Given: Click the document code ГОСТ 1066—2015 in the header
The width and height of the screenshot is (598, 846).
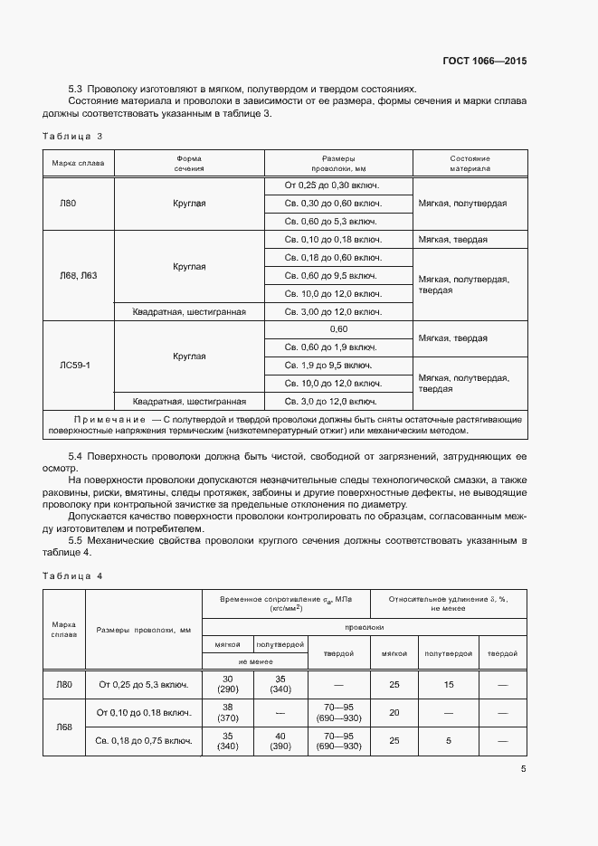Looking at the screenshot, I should point(484,61).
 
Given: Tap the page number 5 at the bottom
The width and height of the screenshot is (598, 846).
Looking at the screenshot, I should point(524,770).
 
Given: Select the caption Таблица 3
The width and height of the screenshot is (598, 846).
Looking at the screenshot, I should point(73,136).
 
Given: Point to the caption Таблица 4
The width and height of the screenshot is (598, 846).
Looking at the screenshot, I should point(73,575).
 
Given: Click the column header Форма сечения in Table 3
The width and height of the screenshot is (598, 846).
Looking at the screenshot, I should point(189,163).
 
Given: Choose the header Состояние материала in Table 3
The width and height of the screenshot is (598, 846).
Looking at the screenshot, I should point(470,163).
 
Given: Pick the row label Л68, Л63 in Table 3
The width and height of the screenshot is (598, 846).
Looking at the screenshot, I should point(78,275).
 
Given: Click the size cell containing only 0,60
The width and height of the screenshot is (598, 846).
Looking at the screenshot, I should point(338,329).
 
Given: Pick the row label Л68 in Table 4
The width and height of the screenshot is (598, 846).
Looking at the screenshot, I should point(63,727).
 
